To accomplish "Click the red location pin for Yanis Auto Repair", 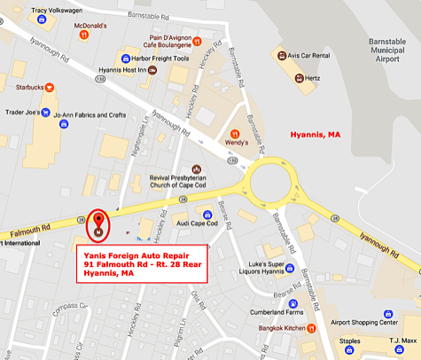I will click(x=98, y=223).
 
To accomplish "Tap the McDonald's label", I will click(x=90, y=26).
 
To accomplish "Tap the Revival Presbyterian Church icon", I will click(x=197, y=168).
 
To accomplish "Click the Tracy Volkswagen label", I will click(x=51, y=11).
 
